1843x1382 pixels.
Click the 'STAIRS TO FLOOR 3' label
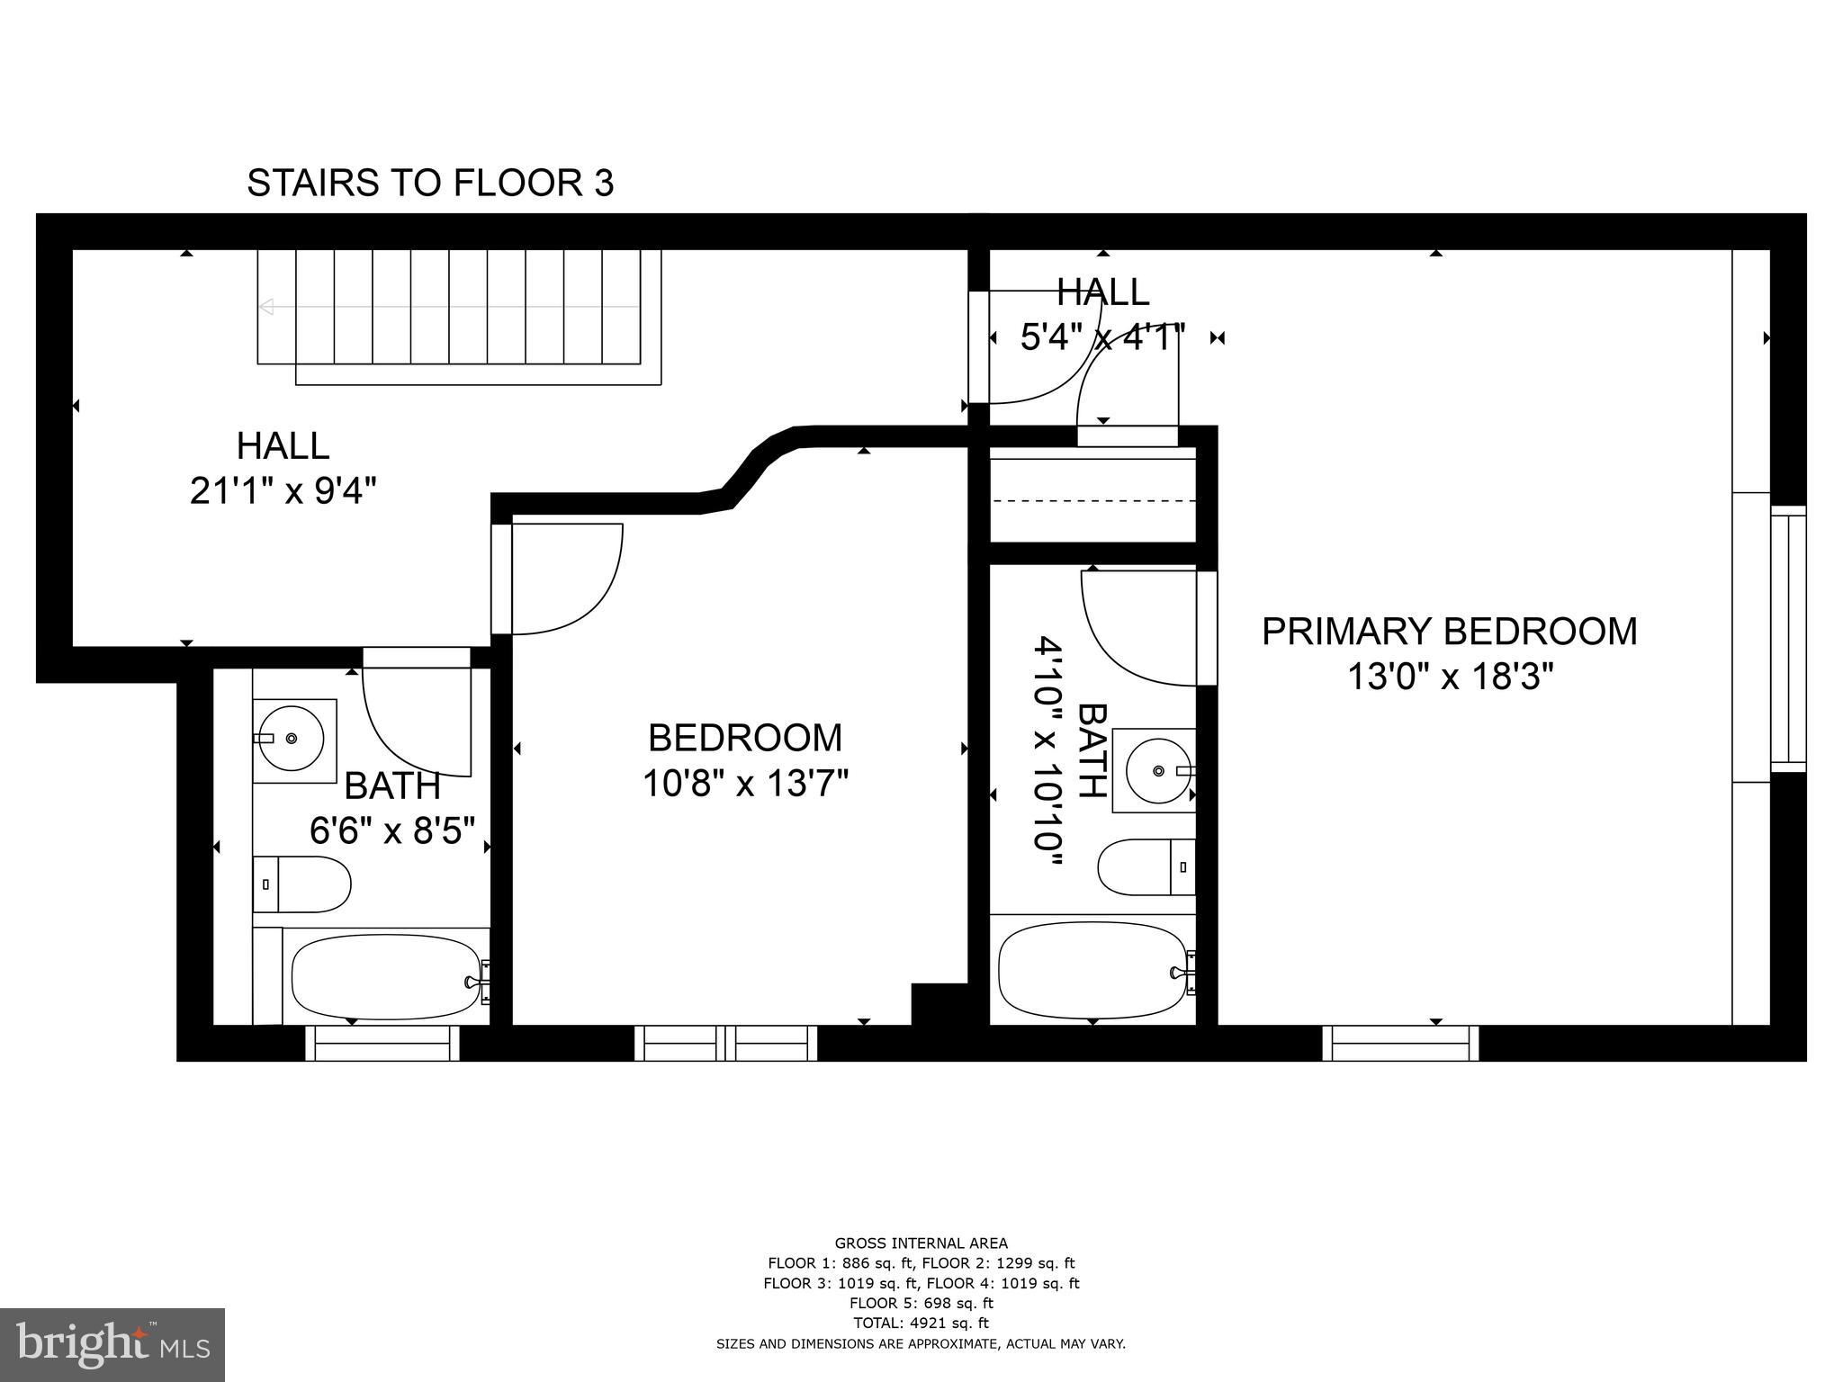coord(430,183)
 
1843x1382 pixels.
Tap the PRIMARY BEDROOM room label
coord(1449,631)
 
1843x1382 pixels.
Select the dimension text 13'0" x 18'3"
coord(1450,677)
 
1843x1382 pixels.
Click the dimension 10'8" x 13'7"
coord(745,783)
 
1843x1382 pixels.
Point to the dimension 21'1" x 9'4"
coord(283,491)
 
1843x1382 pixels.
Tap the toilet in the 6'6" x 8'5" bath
coord(301,884)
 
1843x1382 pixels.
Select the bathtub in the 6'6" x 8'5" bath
coord(387,976)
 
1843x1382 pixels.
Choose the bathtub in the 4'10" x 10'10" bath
coord(1093,970)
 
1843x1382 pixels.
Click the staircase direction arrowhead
coord(265,307)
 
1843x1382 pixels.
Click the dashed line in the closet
coord(1093,500)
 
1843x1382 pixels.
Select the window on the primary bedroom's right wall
coord(1788,639)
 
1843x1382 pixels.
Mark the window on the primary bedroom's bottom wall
coord(1400,1044)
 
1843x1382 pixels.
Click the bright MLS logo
coord(112,1344)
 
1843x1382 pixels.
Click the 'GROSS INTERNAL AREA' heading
coord(921,1243)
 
